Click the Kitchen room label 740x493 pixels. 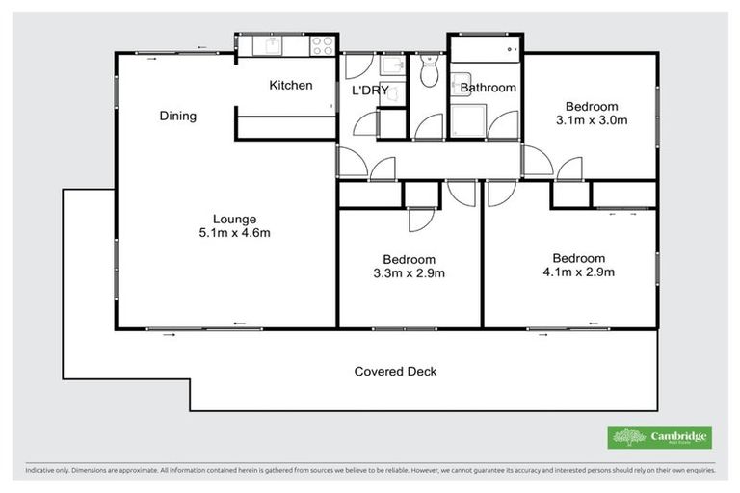tap(290, 85)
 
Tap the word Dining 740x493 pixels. tap(177, 117)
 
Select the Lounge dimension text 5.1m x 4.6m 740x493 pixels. tap(235, 232)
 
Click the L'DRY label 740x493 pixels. tap(369, 90)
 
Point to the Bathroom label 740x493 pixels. tap(488, 88)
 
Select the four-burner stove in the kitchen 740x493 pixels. tap(322, 44)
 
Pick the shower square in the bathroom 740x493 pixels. tap(470, 119)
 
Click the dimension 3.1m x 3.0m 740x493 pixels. tap(592, 120)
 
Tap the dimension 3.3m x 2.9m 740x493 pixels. tap(409, 272)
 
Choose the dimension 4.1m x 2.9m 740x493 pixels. tap(578, 272)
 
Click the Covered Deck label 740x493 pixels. tap(395, 371)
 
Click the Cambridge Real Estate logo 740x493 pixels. tap(659, 437)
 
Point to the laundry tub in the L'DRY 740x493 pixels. tap(392, 65)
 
